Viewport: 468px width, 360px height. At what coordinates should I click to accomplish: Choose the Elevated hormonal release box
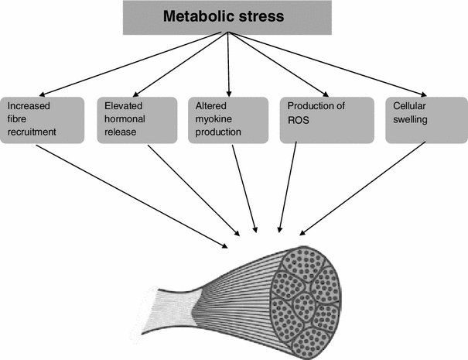[136, 119]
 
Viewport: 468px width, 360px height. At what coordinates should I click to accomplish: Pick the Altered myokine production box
[227, 119]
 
